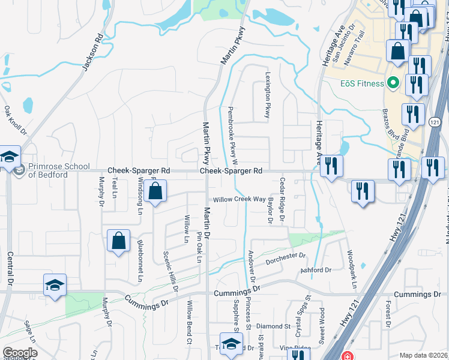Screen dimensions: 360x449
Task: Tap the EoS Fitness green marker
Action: [x=393, y=83]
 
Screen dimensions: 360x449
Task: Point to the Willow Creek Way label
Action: [x=237, y=199]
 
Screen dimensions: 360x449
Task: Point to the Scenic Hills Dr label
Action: [x=170, y=271]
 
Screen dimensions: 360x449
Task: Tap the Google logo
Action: [x=20, y=353]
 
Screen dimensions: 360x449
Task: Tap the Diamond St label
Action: [x=273, y=326]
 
